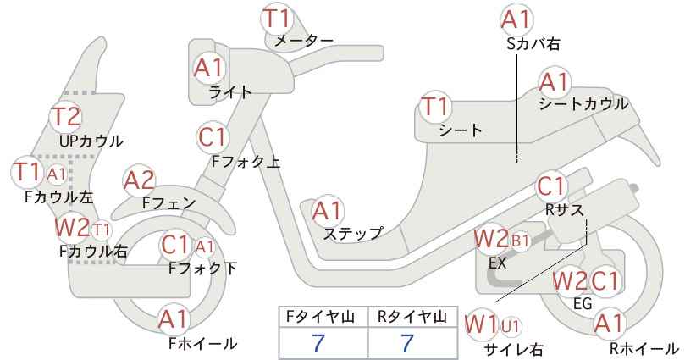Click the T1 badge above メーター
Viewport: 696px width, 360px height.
tap(277, 19)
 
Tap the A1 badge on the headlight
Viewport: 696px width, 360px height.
tap(208, 69)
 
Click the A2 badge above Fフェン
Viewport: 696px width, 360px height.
tap(139, 181)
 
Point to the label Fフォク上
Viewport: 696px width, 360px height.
tap(246, 161)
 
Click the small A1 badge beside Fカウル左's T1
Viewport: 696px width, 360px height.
tap(57, 174)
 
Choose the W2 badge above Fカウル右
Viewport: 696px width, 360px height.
tap(72, 227)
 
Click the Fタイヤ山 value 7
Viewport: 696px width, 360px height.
tap(318, 343)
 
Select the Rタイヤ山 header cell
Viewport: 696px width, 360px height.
tap(412, 317)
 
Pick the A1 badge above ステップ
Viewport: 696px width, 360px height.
tap(327, 211)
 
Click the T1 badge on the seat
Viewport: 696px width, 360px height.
tap(435, 107)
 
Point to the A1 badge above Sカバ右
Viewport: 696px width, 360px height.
tap(516, 19)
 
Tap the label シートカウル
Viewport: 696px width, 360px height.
tap(583, 104)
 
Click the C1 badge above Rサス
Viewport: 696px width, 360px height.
tap(550, 187)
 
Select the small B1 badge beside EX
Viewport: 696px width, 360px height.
tap(521, 241)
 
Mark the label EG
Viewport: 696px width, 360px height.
tap(583, 303)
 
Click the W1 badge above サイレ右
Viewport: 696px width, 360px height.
tap(482, 325)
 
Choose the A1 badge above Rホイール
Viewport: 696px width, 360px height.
tap(610, 324)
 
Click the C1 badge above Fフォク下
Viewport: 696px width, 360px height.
tap(175, 245)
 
